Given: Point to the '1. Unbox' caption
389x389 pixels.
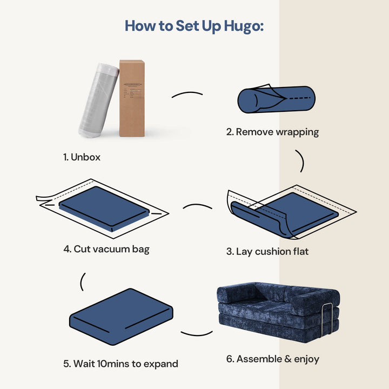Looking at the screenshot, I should coord(82,157).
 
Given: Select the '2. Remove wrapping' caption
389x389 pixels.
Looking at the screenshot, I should coord(272,131).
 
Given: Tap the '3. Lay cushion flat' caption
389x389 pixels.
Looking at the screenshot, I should coord(267,251).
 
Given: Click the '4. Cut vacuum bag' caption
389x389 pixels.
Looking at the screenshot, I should coord(106,249).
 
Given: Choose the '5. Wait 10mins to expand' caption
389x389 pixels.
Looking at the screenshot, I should coord(120,364).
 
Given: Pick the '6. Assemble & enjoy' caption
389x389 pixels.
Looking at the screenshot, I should coord(273,359).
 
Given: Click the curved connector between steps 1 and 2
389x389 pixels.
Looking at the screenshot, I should coord(187,95).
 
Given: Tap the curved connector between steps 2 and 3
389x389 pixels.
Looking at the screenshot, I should coord(300,160).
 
